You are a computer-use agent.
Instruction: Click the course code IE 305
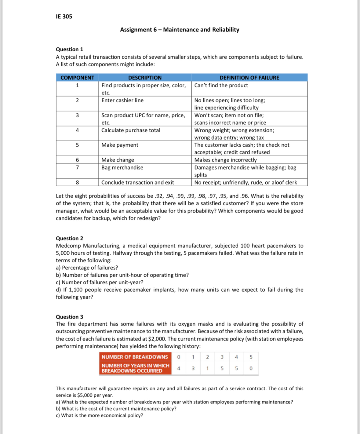[64, 16]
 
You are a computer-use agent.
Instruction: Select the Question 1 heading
[69, 49]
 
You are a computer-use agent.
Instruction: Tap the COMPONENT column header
[77, 78]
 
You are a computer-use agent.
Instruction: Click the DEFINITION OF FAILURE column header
[249, 78]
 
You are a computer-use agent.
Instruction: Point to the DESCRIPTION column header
[145, 78]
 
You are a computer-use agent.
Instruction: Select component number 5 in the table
[77, 145]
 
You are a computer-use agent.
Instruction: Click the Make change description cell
[118, 160]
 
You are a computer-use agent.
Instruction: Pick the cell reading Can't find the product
[221, 86]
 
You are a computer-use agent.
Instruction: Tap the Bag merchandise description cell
[122, 167]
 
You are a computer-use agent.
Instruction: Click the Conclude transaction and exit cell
[137, 182]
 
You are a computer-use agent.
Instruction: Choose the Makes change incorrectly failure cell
[225, 160]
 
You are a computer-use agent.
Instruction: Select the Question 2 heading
[69, 238]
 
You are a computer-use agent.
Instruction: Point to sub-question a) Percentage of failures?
[87, 268]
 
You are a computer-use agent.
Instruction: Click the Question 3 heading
[69, 317]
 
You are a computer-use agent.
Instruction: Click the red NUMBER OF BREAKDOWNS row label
[135, 357]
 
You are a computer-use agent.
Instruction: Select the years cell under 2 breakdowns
[208, 368]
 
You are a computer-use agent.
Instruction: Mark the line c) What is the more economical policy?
[99, 415]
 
